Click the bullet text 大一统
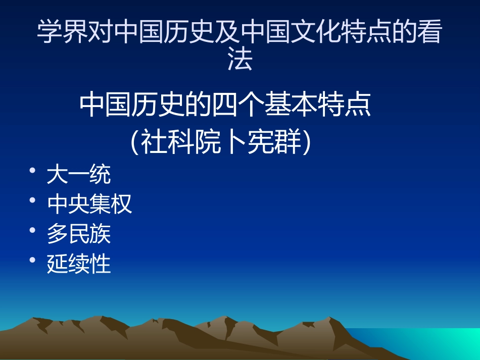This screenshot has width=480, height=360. pyautogui.click(x=78, y=175)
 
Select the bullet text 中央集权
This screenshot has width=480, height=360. pyautogui.click(x=89, y=204)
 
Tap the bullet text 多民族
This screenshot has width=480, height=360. pyautogui.click(x=78, y=234)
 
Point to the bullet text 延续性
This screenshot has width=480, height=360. pyautogui.click(x=78, y=264)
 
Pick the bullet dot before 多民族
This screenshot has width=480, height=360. pyautogui.click(x=33, y=230)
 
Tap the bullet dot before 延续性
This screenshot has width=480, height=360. pyautogui.click(x=33, y=260)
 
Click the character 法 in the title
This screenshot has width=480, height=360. pyautogui.click(x=240, y=62)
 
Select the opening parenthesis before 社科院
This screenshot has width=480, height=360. pyautogui.click(x=134, y=143)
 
